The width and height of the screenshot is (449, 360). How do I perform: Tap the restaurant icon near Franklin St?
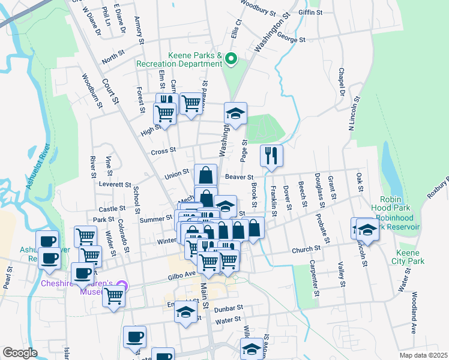point(271,155)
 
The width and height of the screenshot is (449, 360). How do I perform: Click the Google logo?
point(20,353)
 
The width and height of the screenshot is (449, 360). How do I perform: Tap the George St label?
point(292,39)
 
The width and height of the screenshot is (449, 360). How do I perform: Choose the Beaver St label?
point(240,176)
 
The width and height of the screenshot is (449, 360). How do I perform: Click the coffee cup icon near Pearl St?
point(49,259)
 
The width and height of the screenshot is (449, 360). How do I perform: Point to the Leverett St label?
point(115,184)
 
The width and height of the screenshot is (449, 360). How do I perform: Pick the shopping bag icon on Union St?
point(205,175)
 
